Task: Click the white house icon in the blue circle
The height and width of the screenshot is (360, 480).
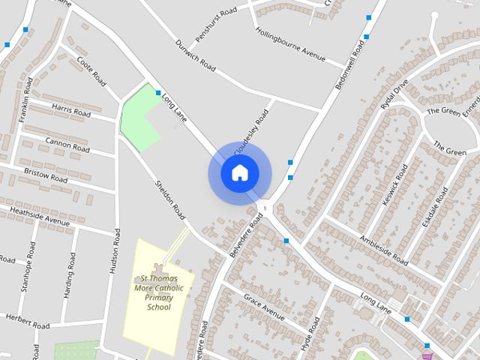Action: (x=239, y=173)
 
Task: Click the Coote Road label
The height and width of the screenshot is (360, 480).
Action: (x=94, y=73)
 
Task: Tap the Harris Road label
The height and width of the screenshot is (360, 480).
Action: (x=70, y=110)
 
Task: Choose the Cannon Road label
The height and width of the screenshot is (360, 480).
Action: (x=67, y=145)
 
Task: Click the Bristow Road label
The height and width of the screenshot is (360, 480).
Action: (x=45, y=175)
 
